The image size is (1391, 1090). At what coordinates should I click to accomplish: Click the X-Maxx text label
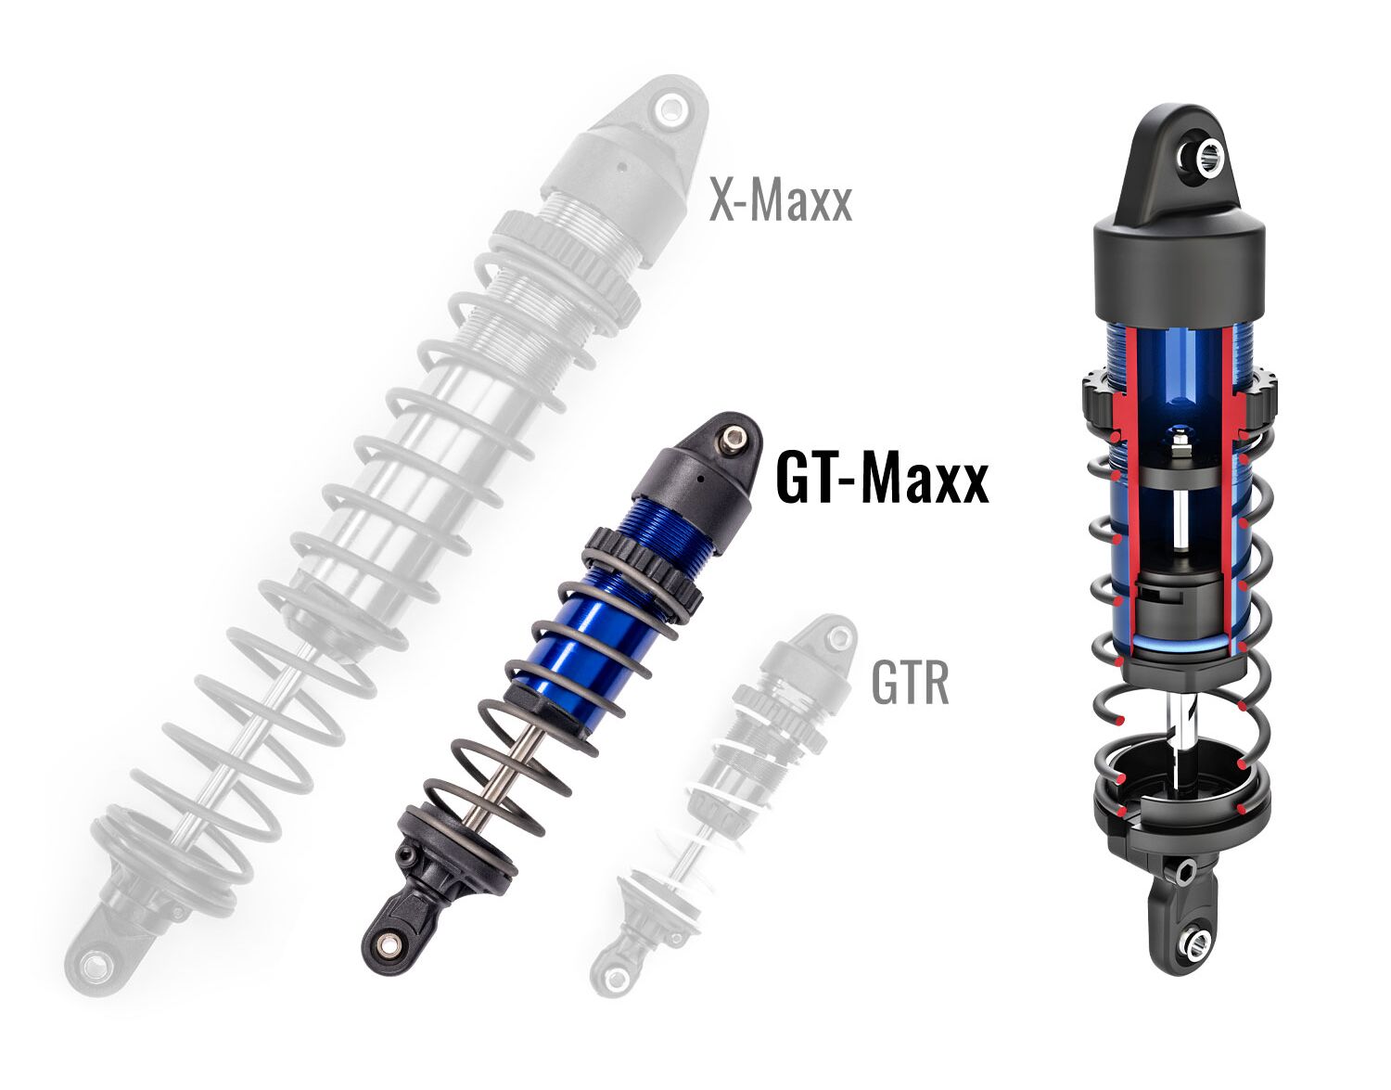pyautogui.click(x=780, y=201)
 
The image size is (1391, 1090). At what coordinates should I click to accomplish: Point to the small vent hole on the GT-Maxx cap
pyautogui.click(x=702, y=478)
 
